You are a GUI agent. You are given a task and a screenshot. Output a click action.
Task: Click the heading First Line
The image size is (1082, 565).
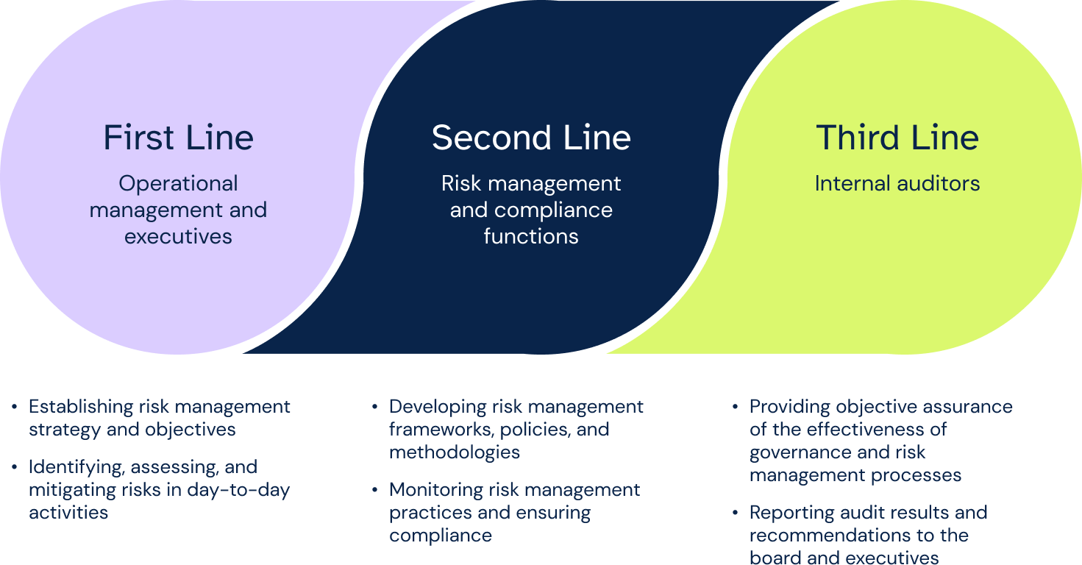tap(178, 138)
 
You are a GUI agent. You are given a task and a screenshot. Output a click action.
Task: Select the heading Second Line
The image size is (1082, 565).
tap(531, 138)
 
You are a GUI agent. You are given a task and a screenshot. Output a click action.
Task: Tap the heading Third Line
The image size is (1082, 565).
tap(897, 138)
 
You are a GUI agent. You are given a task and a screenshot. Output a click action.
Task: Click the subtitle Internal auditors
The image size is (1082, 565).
tap(897, 183)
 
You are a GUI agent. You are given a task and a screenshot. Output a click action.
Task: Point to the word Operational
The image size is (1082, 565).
tap(178, 183)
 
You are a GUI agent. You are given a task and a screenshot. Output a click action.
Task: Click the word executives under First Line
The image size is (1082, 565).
tap(178, 236)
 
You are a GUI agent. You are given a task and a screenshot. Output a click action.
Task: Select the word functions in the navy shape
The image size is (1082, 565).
tap(531, 236)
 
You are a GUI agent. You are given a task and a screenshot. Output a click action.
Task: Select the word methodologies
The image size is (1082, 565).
tap(455, 452)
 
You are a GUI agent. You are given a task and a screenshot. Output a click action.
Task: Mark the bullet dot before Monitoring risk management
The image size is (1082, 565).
tap(375, 490)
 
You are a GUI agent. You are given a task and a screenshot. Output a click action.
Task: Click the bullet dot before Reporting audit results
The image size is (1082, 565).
tap(736, 513)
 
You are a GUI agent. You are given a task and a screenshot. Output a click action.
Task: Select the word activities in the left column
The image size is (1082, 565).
tap(68, 513)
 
